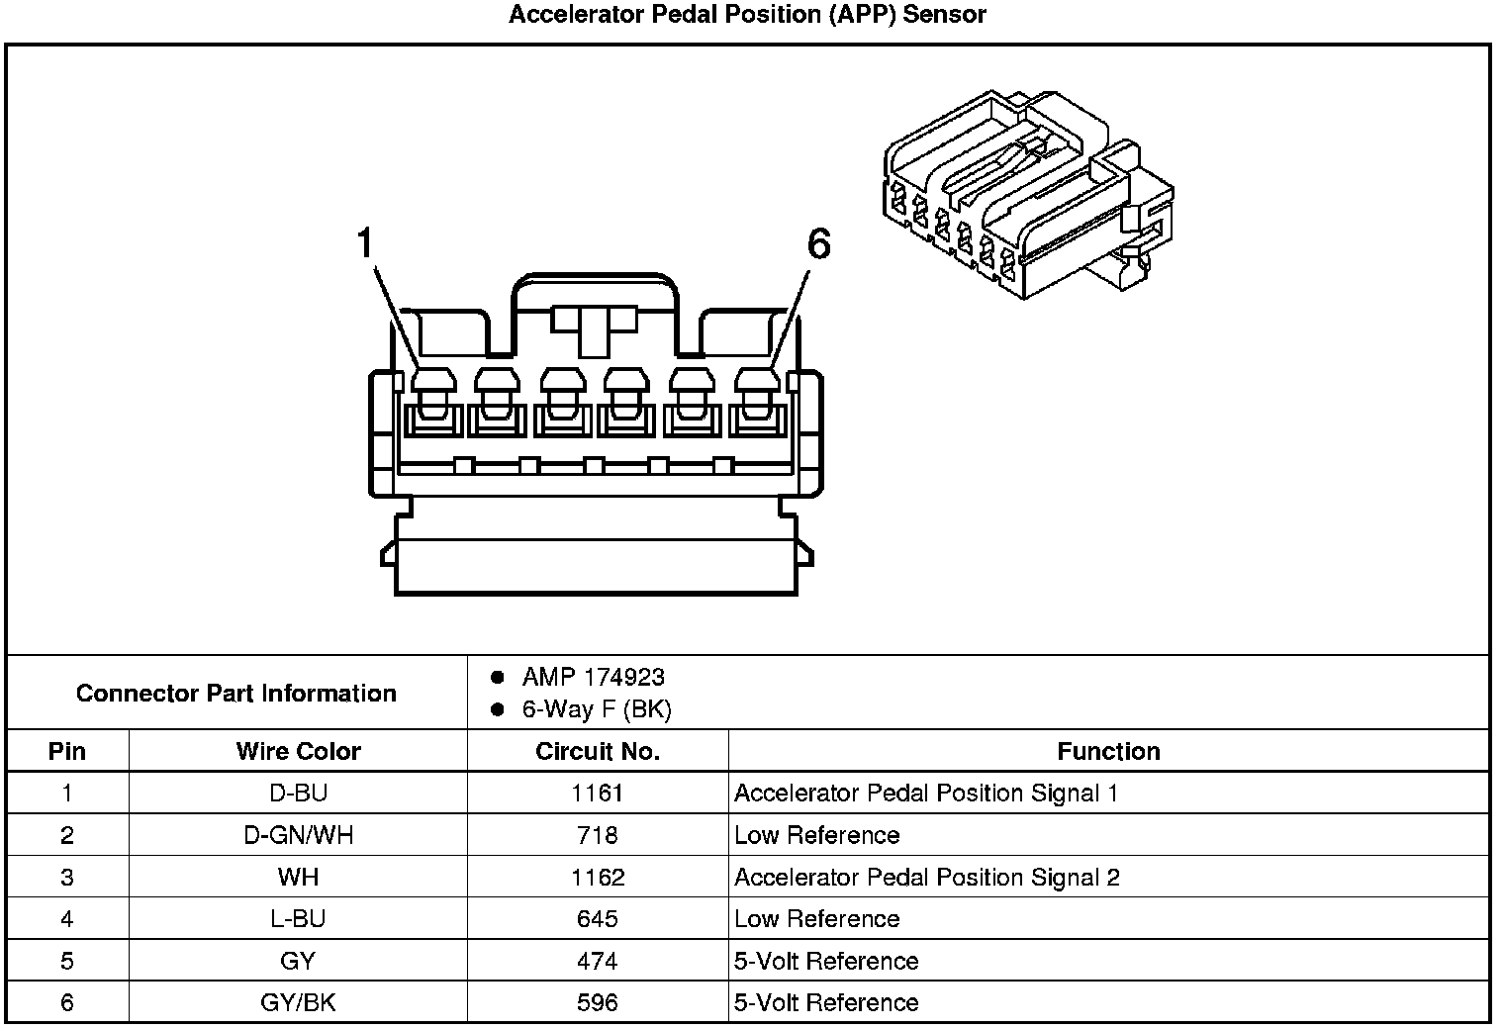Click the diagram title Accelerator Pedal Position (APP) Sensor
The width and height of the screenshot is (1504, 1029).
click(x=747, y=15)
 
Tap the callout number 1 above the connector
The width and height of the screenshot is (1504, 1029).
click(x=365, y=243)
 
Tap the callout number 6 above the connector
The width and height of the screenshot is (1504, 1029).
click(x=818, y=243)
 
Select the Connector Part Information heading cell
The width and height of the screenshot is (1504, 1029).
click(x=235, y=693)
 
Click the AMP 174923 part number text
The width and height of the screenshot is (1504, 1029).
click(x=593, y=678)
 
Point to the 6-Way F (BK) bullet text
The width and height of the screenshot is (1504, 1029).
click(x=597, y=709)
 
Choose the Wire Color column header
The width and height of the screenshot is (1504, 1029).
click(x=298, y=751)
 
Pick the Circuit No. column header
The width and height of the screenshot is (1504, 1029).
click(x=597, y=751)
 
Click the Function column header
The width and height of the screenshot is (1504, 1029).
click(x=1108, y=751)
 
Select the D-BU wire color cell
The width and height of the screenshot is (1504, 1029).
click(x=298, y=794)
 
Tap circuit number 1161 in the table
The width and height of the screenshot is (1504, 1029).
click(x=597, y=794)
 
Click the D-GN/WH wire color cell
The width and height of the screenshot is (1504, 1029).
click(x=298, y=835)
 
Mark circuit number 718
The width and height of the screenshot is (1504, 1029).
click(x=597, y=835)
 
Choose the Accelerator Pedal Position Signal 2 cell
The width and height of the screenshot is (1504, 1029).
click(x=926, y=878)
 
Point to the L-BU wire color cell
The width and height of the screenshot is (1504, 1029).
click(x=298, y=919)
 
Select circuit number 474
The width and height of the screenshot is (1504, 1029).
click(x=597, y=961)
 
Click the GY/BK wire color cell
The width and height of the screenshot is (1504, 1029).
click(x=298, y=1002)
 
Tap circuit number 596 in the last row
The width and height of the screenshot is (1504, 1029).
click(x=597, y=1002)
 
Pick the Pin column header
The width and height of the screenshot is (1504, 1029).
click(x=67, y=751)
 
